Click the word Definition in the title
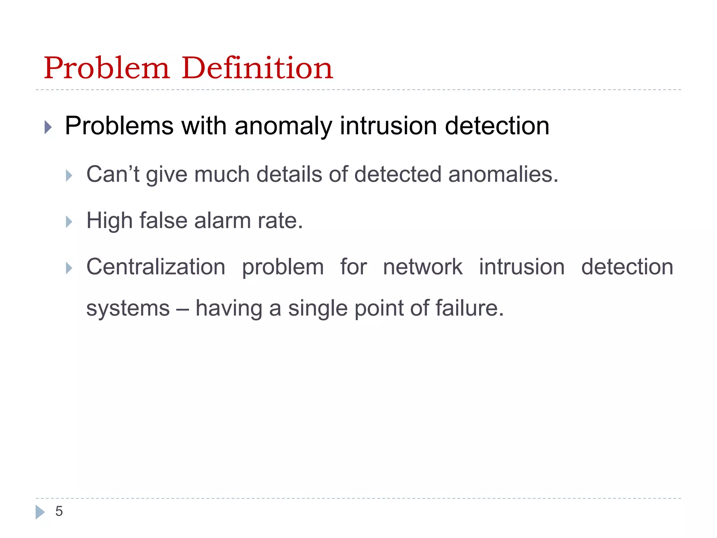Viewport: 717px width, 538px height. click(257, 68)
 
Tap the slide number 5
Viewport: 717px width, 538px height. click(59, 511)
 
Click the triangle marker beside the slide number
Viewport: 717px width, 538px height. click(40, 512)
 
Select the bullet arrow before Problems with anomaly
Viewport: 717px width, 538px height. click(48, 127)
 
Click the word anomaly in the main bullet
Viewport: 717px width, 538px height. click(283, 126)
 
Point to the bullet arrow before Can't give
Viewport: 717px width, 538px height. click(69, 175)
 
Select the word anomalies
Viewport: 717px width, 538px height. click(503, 174)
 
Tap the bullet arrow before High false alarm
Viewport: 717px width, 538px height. click(69, 222)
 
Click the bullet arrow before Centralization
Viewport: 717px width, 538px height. click(69, 268)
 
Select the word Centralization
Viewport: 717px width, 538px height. click(156, 267)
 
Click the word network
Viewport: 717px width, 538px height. click(423, 267)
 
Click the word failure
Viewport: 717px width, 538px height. click(469, 308)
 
